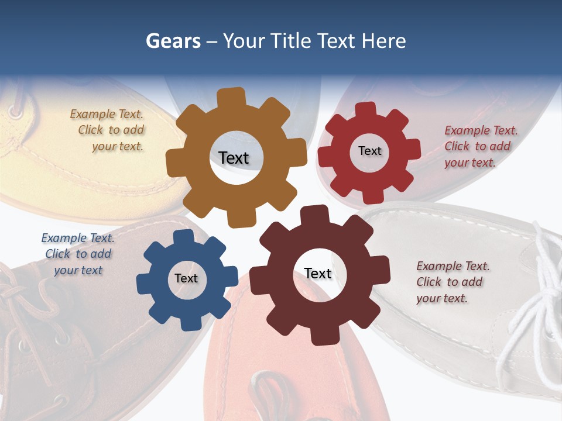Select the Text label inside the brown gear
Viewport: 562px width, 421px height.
tap(234, 158)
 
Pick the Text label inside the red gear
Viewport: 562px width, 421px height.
tap(369, 151)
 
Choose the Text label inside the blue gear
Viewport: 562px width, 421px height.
tap(186, 278)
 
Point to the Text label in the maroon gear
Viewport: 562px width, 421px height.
tap(318, 273)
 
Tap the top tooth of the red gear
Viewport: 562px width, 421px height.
tap(365, 109)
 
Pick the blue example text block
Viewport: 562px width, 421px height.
tap(78, 254)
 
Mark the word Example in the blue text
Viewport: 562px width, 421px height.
tap(63, 238)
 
